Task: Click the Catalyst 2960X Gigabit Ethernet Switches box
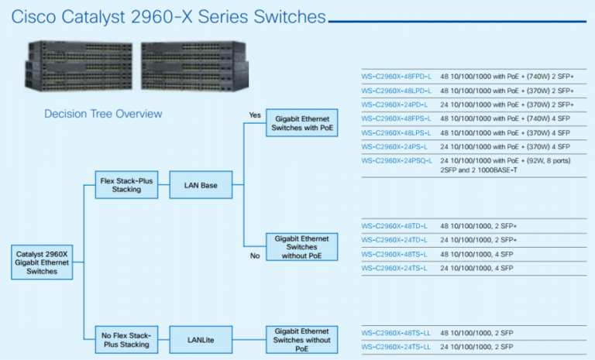pos(42,262)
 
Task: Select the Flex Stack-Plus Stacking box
pos(126,184)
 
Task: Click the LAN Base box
pos(199,184)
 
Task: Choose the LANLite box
pos(199,339)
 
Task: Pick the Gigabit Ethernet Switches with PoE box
pos(301,125)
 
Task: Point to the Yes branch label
pos(255,115)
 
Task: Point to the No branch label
pos(255,256)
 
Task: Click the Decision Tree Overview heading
pos(103,114)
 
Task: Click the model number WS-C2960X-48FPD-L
pos(396,77)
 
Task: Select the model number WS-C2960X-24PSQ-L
pos(397,160)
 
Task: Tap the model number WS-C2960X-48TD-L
pos(394,225)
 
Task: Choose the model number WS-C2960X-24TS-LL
pos(396,347)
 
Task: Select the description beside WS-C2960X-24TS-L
pos(476,268)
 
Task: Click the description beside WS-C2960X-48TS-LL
pos(476,333)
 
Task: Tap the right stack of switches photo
pos(194,65)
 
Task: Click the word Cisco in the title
pos(36,16)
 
